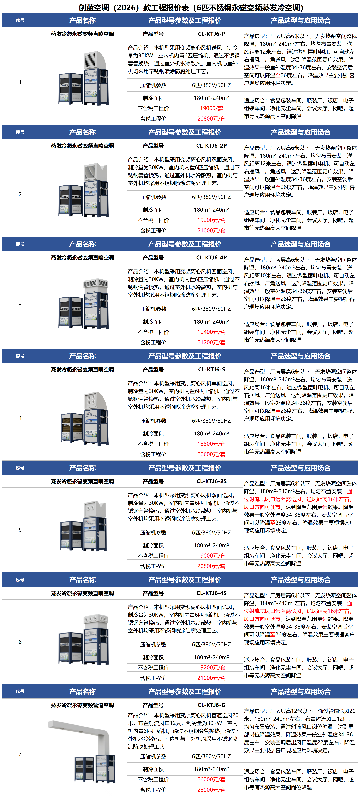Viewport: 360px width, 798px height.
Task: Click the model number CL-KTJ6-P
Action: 211,34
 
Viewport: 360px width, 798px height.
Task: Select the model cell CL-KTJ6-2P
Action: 211,146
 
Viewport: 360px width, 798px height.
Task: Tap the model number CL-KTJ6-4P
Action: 211,257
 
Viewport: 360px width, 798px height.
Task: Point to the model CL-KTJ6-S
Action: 211,369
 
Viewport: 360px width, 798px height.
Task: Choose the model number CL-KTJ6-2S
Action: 211,481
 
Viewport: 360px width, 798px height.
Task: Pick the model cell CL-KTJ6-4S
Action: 211,593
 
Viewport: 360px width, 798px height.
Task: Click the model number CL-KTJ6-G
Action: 211,705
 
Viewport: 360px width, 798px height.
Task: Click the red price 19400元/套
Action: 211,332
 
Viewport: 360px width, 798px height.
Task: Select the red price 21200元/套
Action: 211,342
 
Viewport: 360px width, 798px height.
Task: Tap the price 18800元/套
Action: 211,444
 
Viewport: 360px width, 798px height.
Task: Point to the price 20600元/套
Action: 211,454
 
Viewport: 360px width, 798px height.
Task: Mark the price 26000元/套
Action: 211,779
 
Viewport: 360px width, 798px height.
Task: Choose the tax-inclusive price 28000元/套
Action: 211,790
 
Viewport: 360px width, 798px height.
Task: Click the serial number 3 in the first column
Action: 20,306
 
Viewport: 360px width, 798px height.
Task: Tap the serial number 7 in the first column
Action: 20,753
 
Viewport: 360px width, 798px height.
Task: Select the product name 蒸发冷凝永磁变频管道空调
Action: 82,705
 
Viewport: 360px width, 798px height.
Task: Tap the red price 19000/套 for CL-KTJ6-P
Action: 211,108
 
